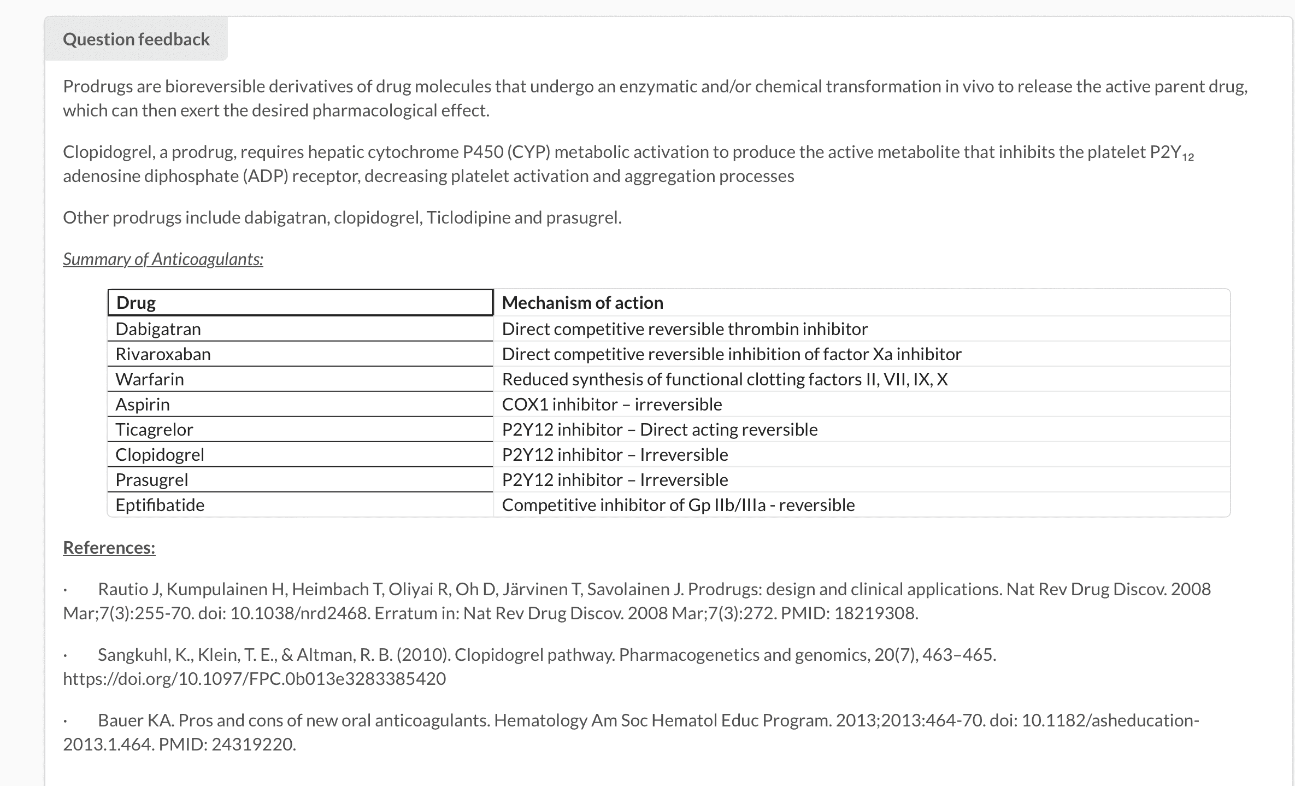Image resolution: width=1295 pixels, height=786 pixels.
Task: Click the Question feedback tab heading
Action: [x=136, y=39]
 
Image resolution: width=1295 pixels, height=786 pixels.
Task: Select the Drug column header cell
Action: [x=300, y=303]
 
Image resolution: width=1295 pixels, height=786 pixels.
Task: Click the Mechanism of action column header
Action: [x=582, y=303]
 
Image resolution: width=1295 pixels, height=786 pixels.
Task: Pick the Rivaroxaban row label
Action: [x=163, y=354]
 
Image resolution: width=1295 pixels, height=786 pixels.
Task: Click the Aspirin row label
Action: [x=143, y=404]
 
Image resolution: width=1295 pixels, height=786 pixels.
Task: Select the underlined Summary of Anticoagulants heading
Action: [x=163, y=259]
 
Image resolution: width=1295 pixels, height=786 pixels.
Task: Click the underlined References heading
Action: [x=109, y=548]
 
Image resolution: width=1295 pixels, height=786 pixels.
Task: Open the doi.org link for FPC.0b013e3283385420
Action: [x=255, y=679]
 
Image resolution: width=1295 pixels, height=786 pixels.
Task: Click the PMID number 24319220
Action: [x=252, y=744]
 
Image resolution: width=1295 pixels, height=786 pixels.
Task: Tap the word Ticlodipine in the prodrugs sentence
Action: [x=468, y=218]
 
